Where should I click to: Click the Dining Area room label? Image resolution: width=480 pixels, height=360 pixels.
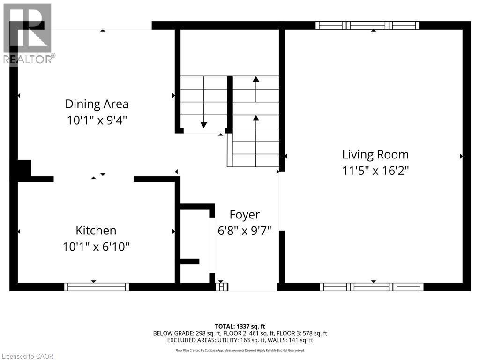(97, 104)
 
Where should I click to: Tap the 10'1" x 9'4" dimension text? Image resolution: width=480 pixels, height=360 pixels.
(97, 120)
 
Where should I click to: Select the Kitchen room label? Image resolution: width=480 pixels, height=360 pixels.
(96, 230)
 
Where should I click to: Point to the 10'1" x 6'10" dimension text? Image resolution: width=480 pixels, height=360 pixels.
(96, 246)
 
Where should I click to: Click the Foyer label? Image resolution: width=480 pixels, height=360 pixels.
(244, 215)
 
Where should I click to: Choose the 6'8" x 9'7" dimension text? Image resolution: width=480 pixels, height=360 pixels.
(245, 231)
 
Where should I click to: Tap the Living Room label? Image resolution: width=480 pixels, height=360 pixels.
(375, 154)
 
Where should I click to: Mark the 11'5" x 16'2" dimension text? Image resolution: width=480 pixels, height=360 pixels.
(375, 171)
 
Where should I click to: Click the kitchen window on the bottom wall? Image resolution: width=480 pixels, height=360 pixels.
(97, 286)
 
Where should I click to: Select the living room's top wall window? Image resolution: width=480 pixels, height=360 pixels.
(367, 25)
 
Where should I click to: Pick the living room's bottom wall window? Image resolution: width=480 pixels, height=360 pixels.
(372, 286)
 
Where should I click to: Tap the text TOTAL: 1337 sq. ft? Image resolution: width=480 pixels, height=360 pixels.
(240, 326)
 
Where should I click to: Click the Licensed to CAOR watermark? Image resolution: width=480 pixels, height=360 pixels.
(27, 356)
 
